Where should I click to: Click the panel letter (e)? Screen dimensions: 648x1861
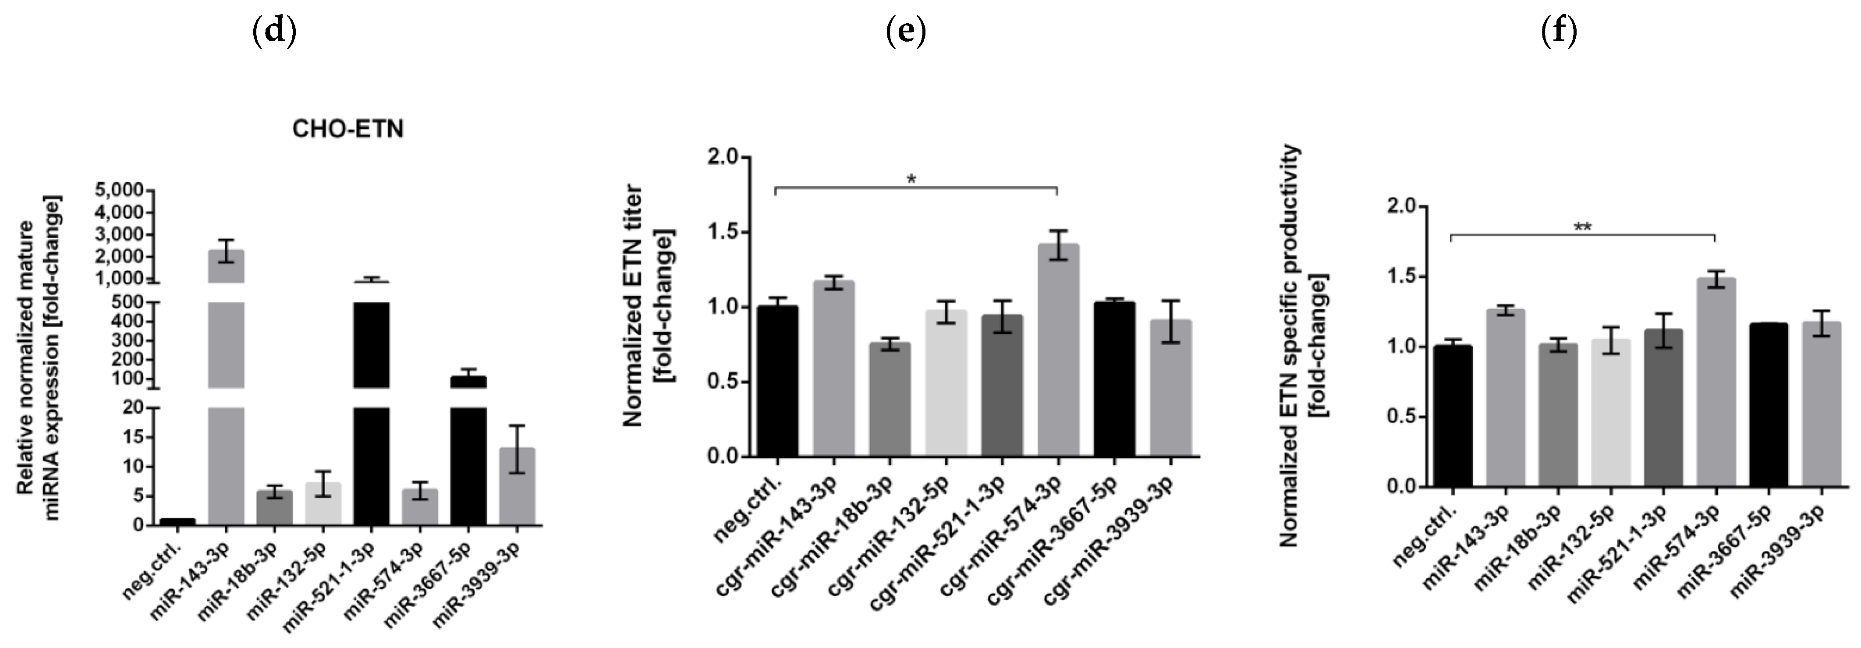pos(905,32)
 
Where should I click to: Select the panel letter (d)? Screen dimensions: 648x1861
pos(274,32)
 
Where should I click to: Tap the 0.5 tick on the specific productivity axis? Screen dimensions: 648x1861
pos(1401,417)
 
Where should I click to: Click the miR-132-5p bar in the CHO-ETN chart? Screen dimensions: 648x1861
pos(323,503)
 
